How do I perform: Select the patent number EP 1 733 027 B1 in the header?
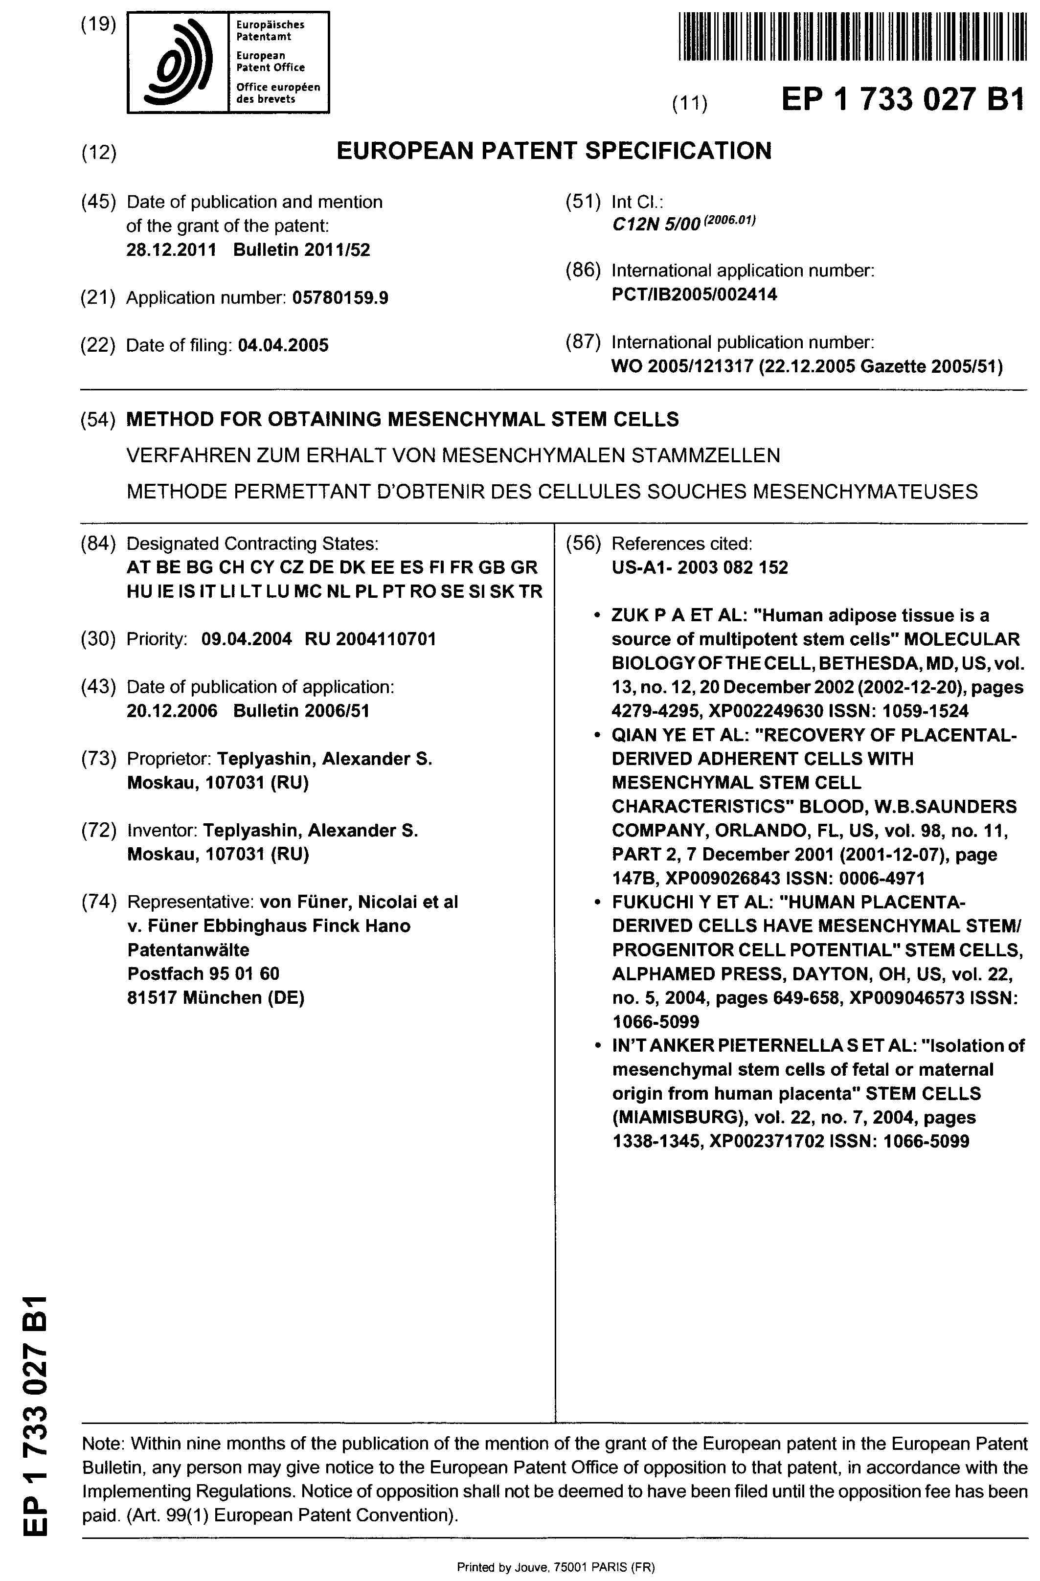pyautogui.click(x=903, y=100)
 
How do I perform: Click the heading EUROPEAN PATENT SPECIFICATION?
pyautogui.click(x=554, y=152)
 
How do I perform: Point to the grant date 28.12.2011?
pyautogui.click(x=171, y=250)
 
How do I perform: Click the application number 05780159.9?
pyautogui.click(x=339, y=298)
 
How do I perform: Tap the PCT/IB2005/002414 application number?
pyautogui.click(x=694, y=294)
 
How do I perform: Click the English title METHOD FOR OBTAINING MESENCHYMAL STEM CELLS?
pyautogui.click(x=403, y=420)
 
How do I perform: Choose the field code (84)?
pyautogui.click(x=98, y=544)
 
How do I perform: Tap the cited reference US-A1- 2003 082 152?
pyautogui.click(x=700, y=568)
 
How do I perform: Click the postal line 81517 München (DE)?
pyautogui.click(x=215, y=998)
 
